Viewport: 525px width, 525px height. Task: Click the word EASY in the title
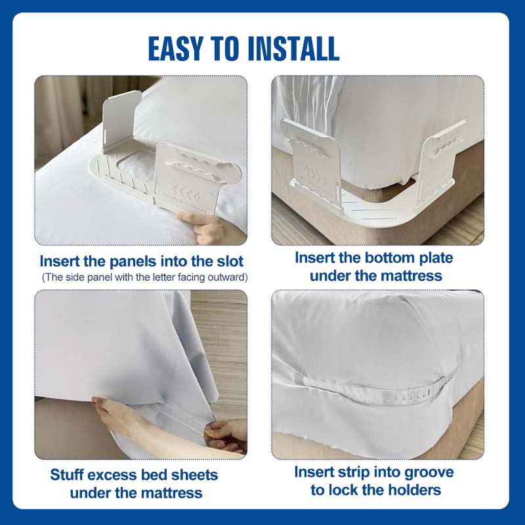pyautogui.click(x=176, y=49)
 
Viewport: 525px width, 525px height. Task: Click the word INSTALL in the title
pyautogui.click(x=293, y=49)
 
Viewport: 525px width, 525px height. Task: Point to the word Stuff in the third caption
pyautogui.click(x=66, y=474)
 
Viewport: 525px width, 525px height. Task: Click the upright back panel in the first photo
pyautogui.click(x=121, y=122)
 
